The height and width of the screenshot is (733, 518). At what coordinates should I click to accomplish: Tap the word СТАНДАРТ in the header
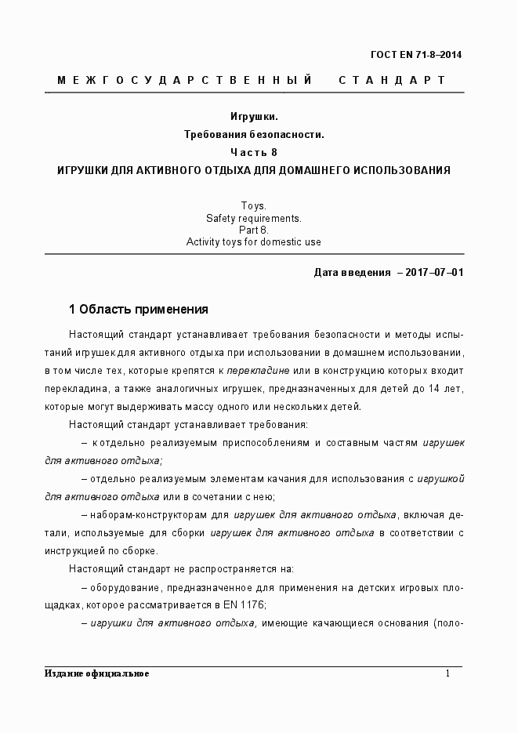pyautogui.click(x=392, y=81)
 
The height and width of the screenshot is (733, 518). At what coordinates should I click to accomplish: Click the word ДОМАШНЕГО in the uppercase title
pyautogui.click(x=306, y=170)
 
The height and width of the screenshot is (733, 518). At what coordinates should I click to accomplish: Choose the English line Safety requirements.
pyautogui.click(x=253, y=218)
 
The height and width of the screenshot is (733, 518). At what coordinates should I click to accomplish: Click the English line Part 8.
pyautogui.click(x=253, y=230)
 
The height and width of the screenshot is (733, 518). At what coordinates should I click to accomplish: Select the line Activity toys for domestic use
pyautogui.click(x=253, y=242)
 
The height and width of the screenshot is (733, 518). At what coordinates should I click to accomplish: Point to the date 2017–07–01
pyautogui.click(x=430, y=273)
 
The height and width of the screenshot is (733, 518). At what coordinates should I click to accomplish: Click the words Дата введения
pyautogui.click(x=352, y=273)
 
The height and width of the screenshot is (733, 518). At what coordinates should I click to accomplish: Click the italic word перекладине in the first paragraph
pyautogui.click(x=263, y=369)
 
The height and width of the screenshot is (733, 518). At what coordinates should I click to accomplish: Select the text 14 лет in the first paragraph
pyautogui.click(x=447, y=388)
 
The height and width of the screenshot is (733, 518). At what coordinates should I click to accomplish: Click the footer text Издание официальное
pyautogui.click(x=97, y=673)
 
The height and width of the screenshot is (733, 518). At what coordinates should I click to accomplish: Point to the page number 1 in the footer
pyautogui.click(x=447, y=673)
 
